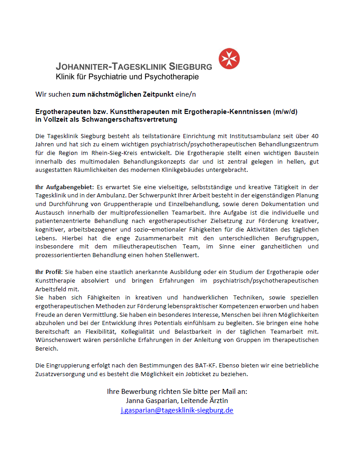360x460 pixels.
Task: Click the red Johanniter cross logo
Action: click(x=229, y=59)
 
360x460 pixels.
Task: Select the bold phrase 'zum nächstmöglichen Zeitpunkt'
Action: click(x=123, y=94)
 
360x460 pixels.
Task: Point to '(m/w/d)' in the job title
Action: click(x=285, y=112)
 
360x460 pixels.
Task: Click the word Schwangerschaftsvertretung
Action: click(x=132, y=119)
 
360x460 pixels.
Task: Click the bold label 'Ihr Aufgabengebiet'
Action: click(x=64, y=187)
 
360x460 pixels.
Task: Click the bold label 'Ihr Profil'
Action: click(x=49, y=272)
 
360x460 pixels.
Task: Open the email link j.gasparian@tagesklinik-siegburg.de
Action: click(x=177, y=410)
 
